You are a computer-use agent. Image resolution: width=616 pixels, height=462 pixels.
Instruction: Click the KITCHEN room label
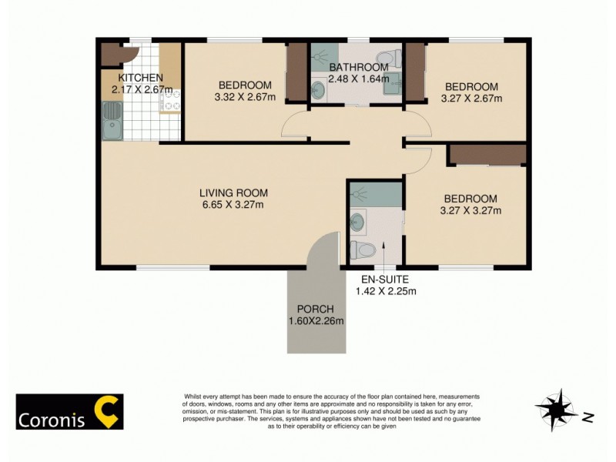click(x=140, y=78)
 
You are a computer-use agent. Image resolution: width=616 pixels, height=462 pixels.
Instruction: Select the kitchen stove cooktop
click(x=171, y=101)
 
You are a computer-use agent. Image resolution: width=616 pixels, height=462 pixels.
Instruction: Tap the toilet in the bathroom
click(x=390, y=57)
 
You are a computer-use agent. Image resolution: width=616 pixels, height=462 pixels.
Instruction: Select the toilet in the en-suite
click(x=363, y=249)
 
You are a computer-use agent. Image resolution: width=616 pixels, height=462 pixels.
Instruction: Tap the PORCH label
click(x=316, y=310)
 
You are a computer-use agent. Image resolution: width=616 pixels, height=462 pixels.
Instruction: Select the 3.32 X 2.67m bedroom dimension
click(x=245, y=98)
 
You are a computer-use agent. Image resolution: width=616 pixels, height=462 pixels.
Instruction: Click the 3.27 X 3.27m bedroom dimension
click(x=470, y=210)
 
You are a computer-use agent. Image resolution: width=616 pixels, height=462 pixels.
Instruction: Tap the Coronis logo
click(x=70, y=412)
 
